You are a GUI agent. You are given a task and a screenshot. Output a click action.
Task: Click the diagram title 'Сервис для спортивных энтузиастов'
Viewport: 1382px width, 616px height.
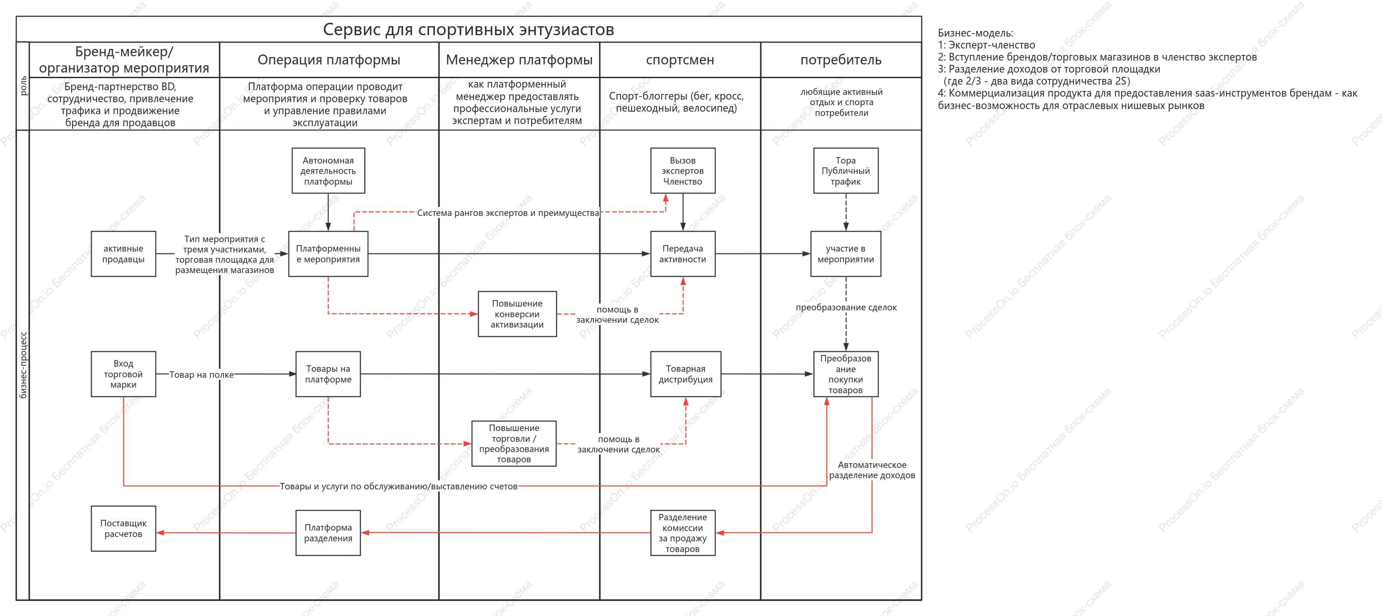click(x=469, y=30)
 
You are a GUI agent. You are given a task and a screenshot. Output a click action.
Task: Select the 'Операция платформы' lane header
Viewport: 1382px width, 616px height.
click(x=329, y=60)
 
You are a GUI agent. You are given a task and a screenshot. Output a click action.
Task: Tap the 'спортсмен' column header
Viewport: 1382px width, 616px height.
click(x=680, y=60)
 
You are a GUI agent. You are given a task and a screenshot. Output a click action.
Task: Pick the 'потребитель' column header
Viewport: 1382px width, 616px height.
click(x=841, y=60)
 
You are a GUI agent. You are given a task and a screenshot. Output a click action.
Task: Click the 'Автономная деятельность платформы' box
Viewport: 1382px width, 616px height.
click(x=328, y=171)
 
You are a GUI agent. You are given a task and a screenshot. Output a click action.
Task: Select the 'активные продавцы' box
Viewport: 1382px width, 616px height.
click(x=124, y=254)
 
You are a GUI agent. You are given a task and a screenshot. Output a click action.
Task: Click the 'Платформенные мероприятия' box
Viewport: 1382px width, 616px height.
click(x=328, y=254)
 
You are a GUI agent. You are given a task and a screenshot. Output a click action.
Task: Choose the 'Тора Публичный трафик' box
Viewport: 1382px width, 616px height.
click(x=846, y=171)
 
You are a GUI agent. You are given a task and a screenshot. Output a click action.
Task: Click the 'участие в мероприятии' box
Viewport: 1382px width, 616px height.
click(x=846, y=254)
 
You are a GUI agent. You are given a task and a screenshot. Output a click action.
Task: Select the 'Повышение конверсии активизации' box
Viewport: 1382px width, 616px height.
click(x=517, y=314)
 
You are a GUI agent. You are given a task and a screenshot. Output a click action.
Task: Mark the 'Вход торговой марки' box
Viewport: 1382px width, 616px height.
click(x=124, y=374)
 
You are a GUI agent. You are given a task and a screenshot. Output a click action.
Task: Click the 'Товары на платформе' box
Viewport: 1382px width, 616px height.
click(x=328, y=374)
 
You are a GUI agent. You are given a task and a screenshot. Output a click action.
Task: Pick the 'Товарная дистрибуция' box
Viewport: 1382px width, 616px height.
click(x=686, y=374)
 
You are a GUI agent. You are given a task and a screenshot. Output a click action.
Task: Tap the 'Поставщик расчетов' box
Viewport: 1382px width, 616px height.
click(x=124, y=528)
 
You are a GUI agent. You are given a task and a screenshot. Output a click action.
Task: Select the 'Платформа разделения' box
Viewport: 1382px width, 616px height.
click(x=328, y=533)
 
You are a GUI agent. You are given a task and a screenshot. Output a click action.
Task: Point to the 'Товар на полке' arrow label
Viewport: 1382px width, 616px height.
click(x=202, y=374)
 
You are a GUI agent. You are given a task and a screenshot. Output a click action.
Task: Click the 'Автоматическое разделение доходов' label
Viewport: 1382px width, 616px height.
click(x=872, y=470)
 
